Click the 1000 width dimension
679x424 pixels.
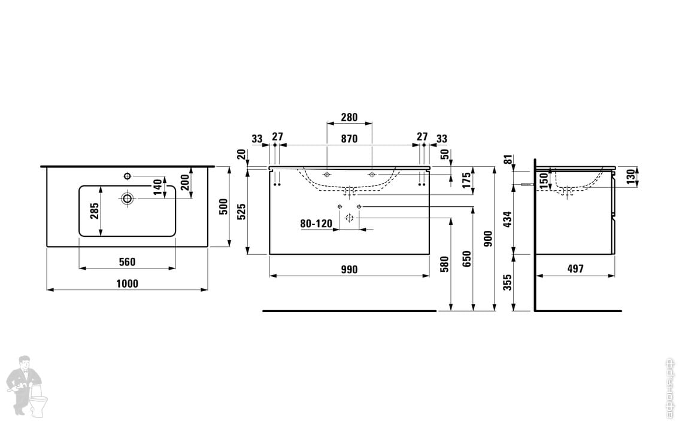click(x=127, y=284)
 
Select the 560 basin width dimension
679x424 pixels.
click(x=127, y=261)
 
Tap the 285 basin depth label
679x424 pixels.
click(x=94, y=211)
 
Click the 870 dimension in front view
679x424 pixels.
click(x=349, y=139)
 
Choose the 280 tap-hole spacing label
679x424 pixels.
click(x=349, y=117)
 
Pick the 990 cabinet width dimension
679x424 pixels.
click(x=349, y=270)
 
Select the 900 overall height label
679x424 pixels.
click(x=488, y=239)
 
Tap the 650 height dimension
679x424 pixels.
click(x=467, y=258)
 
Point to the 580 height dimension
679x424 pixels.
click(x=444, y=264)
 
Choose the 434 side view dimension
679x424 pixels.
click(x=507, y=219)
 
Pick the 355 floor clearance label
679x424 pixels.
click(x=507, y=282)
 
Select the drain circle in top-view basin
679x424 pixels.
click(x=127, y=197)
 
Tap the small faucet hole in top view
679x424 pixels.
click(x=127, y=175)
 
